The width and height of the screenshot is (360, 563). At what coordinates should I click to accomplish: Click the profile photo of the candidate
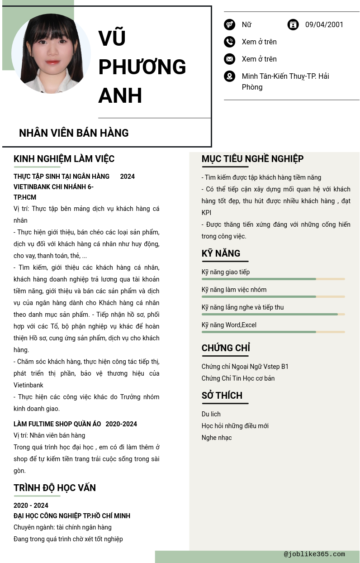click(51, 53)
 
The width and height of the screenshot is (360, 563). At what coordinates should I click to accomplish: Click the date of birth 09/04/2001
click(324, 25)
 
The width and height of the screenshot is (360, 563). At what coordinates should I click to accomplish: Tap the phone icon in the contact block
click(229, 42)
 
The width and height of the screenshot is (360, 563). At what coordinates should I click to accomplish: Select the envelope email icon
click(229, 59)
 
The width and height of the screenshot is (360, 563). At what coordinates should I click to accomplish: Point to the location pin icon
click(229, 76)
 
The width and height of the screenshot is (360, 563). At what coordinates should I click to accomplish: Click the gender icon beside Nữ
click(229, 25)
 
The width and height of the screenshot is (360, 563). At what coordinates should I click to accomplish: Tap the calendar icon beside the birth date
click(293, 25)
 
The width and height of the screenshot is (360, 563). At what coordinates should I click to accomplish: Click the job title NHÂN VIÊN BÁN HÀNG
click(74, 133)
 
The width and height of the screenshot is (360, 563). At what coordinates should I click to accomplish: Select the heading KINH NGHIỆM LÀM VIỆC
click(64, 159)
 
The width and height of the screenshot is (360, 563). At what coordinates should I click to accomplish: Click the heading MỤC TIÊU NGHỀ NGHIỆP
click(252, 159)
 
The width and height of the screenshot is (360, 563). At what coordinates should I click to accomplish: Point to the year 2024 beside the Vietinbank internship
click(128, 177)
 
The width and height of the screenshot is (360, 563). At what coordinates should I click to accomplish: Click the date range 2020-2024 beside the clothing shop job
click(121, 424)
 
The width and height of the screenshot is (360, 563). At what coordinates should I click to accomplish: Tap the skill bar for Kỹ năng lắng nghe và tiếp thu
click(273, 314)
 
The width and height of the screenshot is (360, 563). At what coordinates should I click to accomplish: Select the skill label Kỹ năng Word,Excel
click(229, 325)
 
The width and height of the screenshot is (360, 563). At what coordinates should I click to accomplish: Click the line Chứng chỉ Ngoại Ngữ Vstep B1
click(245, 367)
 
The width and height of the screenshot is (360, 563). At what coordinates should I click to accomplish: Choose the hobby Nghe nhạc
click(217, 438)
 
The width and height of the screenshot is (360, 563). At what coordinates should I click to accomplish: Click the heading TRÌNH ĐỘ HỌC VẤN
click(55, 488)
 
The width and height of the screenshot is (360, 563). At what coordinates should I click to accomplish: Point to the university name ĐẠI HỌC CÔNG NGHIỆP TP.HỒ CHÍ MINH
click(72, 516)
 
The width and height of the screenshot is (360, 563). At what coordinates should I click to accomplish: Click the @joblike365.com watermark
click(314, 554)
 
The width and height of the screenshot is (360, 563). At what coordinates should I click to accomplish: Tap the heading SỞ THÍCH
click(222, 396)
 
